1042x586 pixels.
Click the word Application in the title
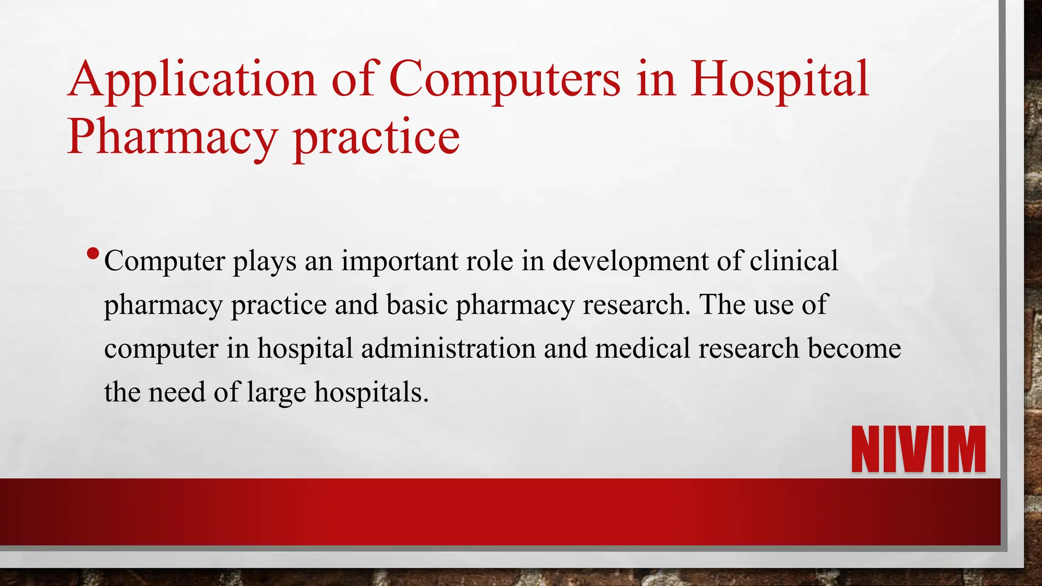pos(192,80)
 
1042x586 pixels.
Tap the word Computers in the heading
pos(505,80)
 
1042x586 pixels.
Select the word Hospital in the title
pos(779,80)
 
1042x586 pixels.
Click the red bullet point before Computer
pos(93,253)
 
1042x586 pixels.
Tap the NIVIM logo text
pos(918,450)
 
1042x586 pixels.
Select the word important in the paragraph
pos(399,261)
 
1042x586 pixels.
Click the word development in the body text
pos(630,261)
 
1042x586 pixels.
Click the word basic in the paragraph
pos(417,305)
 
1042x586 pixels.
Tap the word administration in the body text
pos(448,349)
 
